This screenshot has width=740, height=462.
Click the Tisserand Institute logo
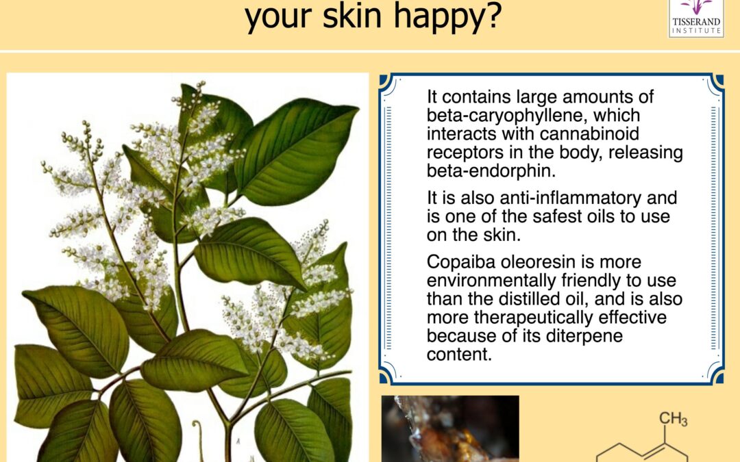(696, 18)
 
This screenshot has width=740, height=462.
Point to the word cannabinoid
(589, 134)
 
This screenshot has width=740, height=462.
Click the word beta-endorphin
(491, 170)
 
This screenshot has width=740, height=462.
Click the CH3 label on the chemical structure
(673, 419)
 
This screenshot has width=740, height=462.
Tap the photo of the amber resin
(450, 429)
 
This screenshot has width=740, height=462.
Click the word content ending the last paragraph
(459, 355)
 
